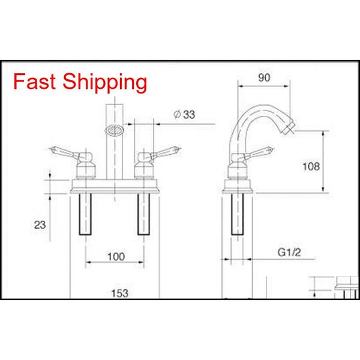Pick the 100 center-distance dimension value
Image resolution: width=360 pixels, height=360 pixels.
point(115,257)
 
